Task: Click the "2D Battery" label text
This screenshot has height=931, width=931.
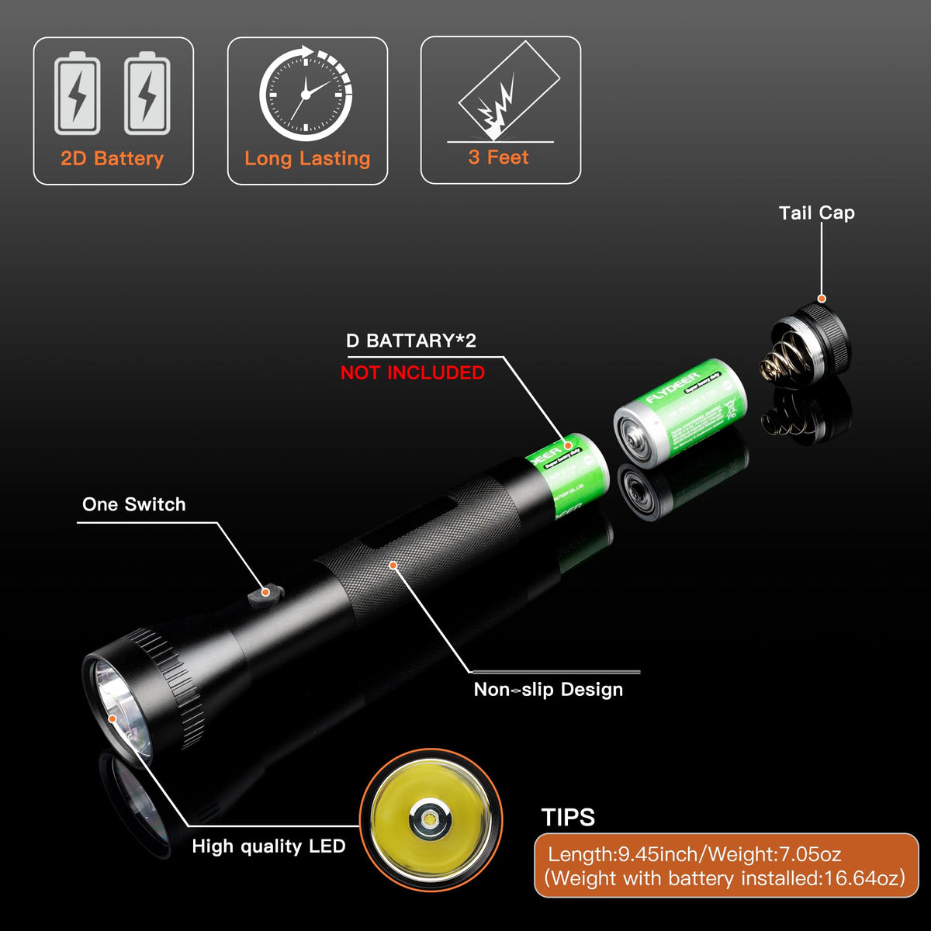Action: click(x=112, y=159)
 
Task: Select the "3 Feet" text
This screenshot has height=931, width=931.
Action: click(x=498, y=157)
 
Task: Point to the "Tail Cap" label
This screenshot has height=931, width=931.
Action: click(x=816, y=213)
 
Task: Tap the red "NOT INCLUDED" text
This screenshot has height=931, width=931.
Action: click(x=413, y=372)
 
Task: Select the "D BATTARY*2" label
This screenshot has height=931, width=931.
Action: click(x=411, y=341)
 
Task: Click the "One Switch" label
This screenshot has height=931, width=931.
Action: click(x=134, y=504)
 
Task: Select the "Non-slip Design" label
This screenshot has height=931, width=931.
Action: click(x=548, y=690)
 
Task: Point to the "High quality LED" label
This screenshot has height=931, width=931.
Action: click(x=268, y=846)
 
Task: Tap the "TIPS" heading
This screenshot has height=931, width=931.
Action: click(x=568, y=818)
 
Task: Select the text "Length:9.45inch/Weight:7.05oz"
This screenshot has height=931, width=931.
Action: click(x=694, y=855)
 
